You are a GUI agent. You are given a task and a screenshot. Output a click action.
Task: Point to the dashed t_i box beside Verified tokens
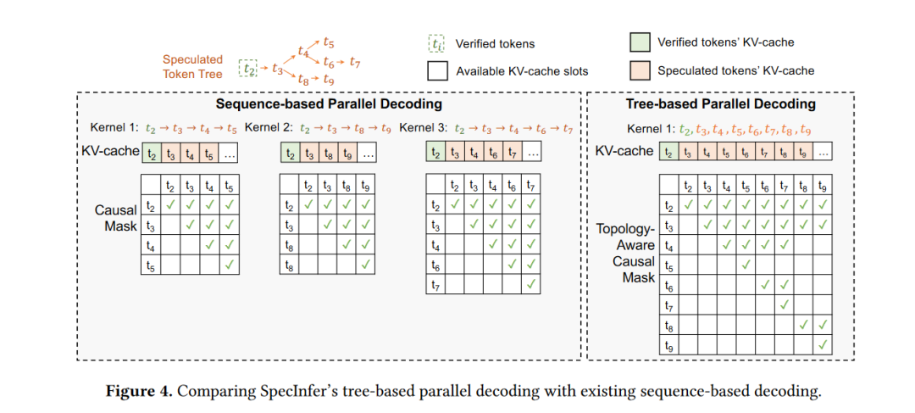[x=434, y=43]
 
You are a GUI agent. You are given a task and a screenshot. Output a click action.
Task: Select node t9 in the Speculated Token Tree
[x=328, y=80]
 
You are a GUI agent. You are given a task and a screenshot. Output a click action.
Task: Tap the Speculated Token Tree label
[x=192, y=67]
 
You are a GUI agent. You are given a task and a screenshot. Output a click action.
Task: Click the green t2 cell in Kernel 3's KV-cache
[x=436, y=153]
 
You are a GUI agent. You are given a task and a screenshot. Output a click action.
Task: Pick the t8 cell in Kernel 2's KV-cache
[x=328, y=153]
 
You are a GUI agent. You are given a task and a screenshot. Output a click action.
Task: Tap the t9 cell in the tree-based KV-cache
[x=803, y=152]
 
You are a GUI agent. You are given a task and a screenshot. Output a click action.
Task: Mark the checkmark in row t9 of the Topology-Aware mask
[x=822, y=344]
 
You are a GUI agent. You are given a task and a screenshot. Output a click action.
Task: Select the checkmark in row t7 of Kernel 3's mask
[x=531, y=284]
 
